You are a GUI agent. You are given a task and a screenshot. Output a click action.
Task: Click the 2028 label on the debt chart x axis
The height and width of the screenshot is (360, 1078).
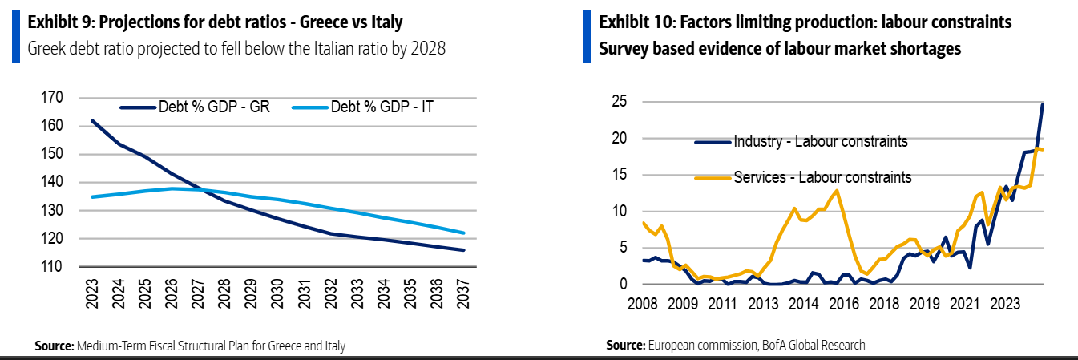pos(226,296)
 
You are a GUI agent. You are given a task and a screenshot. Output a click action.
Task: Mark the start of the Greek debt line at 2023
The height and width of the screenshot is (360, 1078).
pos(93,121)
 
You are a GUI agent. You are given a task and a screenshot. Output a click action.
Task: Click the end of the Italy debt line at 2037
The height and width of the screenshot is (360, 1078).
pos(464,233)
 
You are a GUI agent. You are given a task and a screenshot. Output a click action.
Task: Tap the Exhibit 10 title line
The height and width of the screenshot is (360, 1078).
pos(805,22)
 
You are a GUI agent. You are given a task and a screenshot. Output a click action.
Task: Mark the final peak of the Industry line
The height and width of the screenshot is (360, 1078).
pos(1043,105)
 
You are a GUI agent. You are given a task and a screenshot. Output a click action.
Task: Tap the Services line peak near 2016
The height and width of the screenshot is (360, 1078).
pos(837,190)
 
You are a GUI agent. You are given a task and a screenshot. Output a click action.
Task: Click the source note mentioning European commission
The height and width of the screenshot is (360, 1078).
pos(736,345)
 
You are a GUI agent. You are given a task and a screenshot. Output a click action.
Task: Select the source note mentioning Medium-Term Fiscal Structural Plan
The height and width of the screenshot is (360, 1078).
pos(190,346)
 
